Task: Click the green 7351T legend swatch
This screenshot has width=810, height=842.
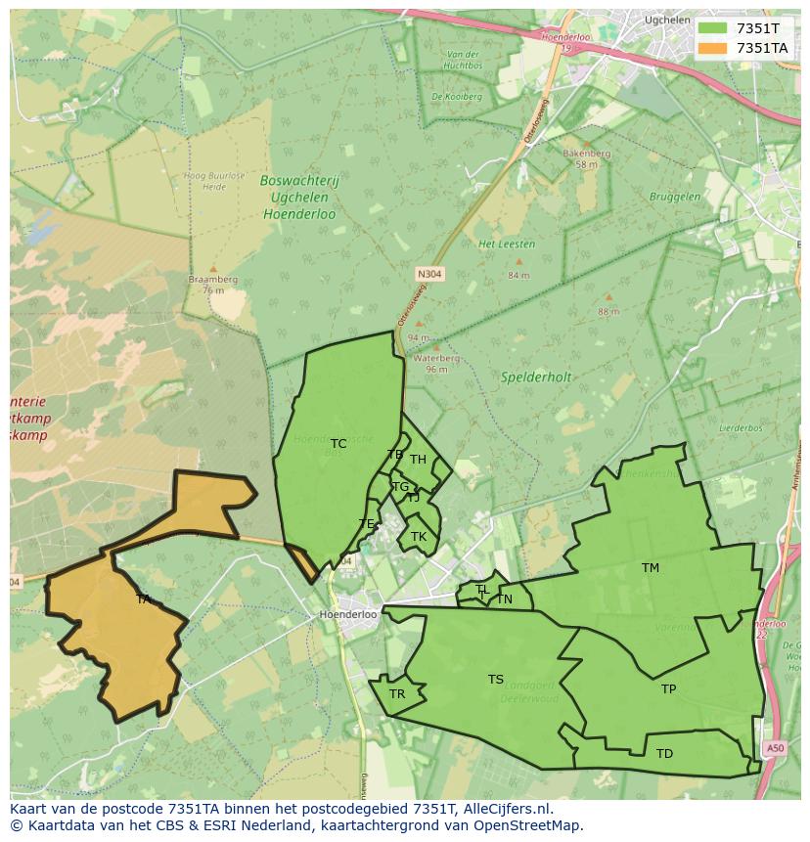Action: point(715,28)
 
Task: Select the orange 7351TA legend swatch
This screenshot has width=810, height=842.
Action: point(715,48)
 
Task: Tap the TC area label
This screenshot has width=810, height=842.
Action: point(338,444)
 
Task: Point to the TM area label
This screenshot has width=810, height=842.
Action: point(651,568)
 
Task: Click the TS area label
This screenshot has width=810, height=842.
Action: point(496,680)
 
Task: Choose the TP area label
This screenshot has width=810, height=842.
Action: point(668,689)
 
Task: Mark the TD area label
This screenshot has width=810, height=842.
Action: point(664,754)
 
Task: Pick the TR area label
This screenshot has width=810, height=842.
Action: point(397,694)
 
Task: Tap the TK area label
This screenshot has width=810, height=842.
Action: point(419,537)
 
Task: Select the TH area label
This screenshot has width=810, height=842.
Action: point(418,460)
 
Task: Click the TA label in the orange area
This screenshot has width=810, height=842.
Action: point(143,599)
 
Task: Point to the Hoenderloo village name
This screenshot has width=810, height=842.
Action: point(348,615)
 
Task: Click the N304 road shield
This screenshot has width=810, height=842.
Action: point(429,275)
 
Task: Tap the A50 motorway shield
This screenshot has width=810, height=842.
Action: point(775,748)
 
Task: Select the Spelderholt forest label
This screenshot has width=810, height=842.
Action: point(536,377)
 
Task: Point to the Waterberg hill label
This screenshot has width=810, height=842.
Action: point(429,359)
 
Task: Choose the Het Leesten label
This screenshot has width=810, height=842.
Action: point(500,244)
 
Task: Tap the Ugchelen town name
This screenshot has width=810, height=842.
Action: point(668,20)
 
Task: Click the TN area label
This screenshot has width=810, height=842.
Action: point(504,599)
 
